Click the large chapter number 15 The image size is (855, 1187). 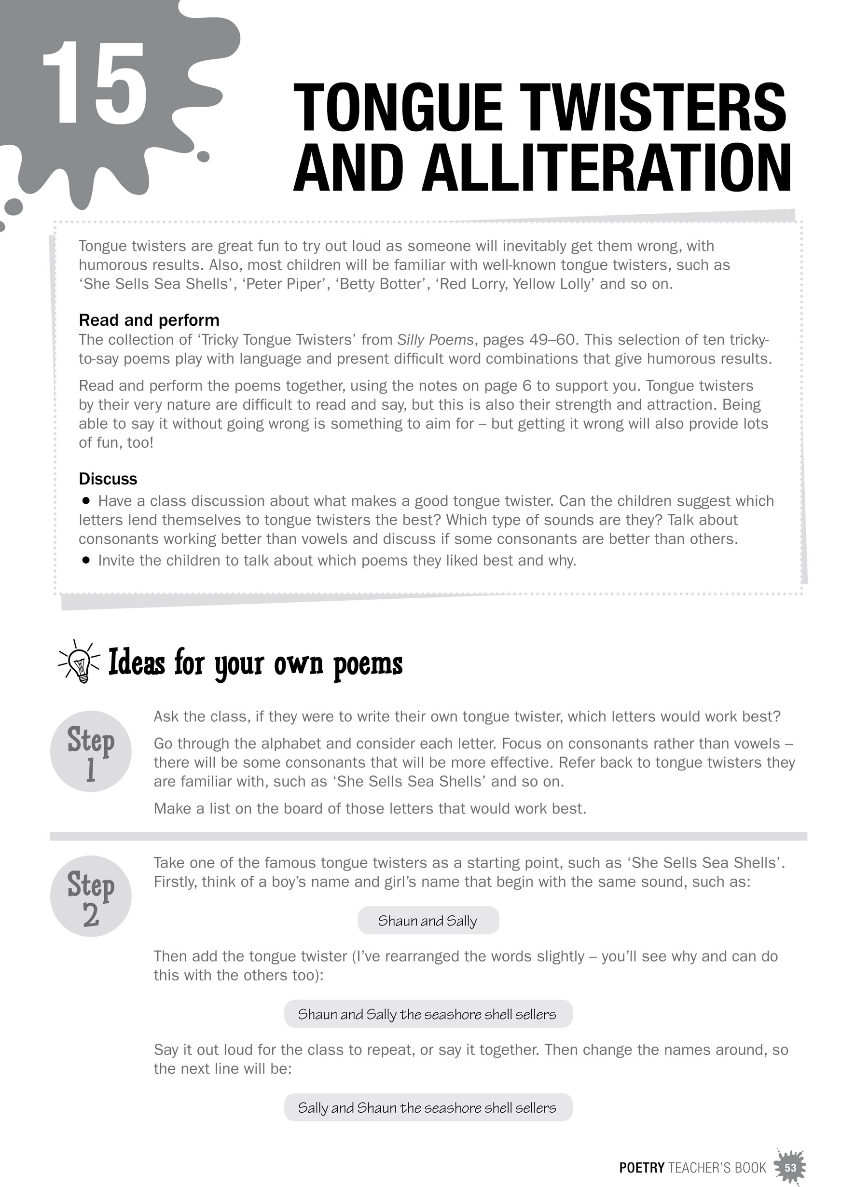coord(94,84)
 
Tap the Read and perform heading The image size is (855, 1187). coord(149,320)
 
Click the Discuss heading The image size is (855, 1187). coord(108,478)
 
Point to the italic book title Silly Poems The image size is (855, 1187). coord(435,340)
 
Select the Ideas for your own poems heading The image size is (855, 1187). coord(255,663)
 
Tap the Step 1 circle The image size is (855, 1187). coord(91,752)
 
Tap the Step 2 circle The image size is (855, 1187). coord(91,896)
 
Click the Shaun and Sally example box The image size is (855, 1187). coord(428,920)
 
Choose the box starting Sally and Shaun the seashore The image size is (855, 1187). coord(428,1107)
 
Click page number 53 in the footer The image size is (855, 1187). coord(790,1168)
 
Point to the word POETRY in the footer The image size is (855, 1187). coord(642,1168)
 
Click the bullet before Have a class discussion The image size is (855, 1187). coord(86,500)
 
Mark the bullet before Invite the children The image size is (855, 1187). coord(86,560)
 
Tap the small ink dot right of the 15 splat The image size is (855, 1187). coord(203,156)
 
